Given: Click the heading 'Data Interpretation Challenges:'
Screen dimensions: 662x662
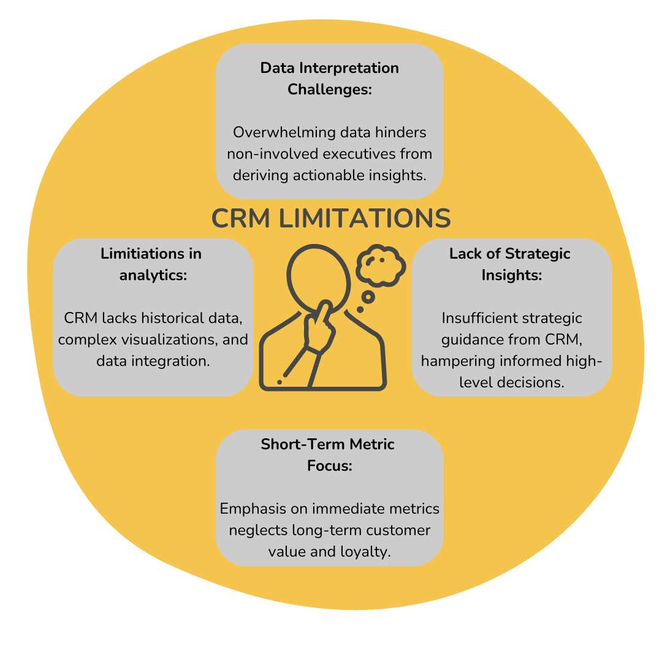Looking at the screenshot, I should coord(330,78).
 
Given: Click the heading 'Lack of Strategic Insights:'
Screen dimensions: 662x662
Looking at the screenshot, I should coord(510,264).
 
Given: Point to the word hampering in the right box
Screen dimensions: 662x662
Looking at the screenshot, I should coord(452,361).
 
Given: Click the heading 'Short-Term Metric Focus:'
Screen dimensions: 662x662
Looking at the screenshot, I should coord(328,455).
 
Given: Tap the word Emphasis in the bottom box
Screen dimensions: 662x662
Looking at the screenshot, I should coord(249,509).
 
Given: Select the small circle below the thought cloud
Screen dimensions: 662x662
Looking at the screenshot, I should coord(368,298).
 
